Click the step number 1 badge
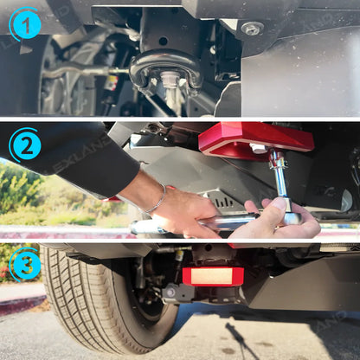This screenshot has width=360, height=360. (x=26, y=25)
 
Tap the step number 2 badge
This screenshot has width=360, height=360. (x=26, y=145)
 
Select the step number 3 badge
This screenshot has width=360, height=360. (x=26, y=264)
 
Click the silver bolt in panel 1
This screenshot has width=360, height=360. (x=252, y=29)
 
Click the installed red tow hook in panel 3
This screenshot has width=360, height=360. (x=213, y=276)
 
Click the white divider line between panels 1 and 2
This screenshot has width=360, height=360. (x=180, y=119)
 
